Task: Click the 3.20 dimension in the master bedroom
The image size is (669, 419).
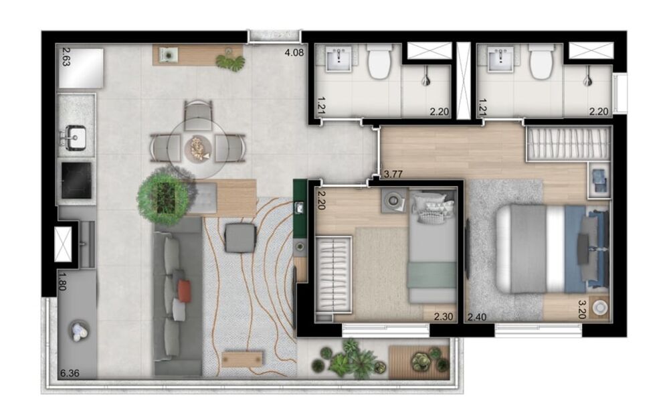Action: coord(587,309)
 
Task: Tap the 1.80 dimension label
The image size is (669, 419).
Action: coord(64,281)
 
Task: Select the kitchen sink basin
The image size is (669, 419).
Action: coord(76,138)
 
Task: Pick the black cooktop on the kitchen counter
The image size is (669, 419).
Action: coord(76,179)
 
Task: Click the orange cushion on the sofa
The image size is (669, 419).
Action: coord(183,290)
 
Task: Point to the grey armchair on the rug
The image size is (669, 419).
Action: coord(240,238)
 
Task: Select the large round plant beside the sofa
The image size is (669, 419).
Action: coord(162,195)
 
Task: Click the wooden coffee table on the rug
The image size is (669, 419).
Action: coord(240,359)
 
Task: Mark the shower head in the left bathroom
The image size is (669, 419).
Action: coord(426,80)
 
